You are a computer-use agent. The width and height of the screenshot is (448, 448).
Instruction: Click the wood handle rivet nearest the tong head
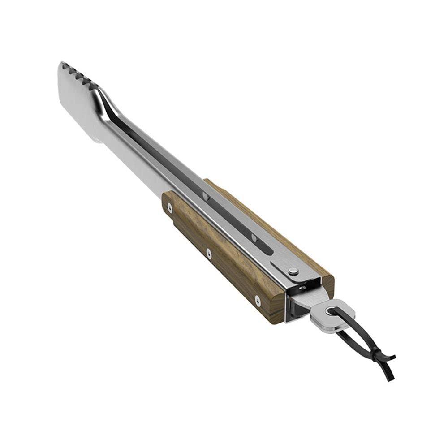coord(169,207)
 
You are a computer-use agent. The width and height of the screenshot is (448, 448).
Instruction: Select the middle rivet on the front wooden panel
coord(209,253)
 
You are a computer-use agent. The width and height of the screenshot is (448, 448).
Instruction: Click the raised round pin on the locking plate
coord(293,271)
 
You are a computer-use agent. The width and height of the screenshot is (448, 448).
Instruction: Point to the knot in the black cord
coord(380,358)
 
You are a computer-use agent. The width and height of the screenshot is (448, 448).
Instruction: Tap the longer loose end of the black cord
coord(389,374)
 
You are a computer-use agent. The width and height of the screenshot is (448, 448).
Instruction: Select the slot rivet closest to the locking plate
coord(254,237)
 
